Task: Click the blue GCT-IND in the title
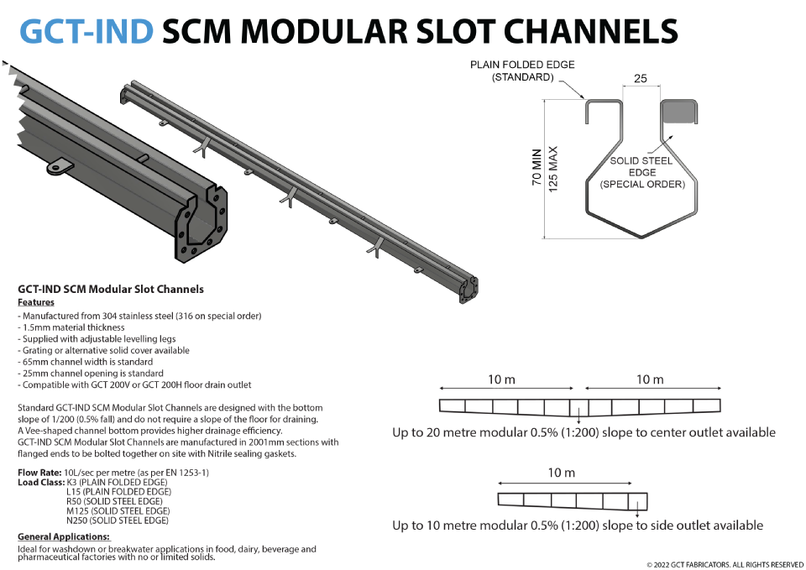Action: (86, 31)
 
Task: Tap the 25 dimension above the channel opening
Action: (641, 78)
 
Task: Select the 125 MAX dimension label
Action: (553, 168)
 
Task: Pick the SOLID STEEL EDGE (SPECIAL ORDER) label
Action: (642, 172)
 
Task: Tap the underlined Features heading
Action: (36, 302)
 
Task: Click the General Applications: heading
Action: (64, 536)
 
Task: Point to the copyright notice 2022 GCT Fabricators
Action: (725, 564)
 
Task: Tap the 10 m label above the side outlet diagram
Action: (562, 473)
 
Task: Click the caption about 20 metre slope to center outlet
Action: (584, 433)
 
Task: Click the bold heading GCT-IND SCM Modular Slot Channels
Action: (111, 290)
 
